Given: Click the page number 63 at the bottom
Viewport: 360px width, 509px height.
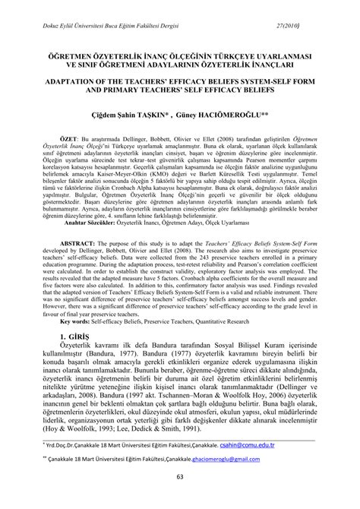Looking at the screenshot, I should (x=179, y=498).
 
